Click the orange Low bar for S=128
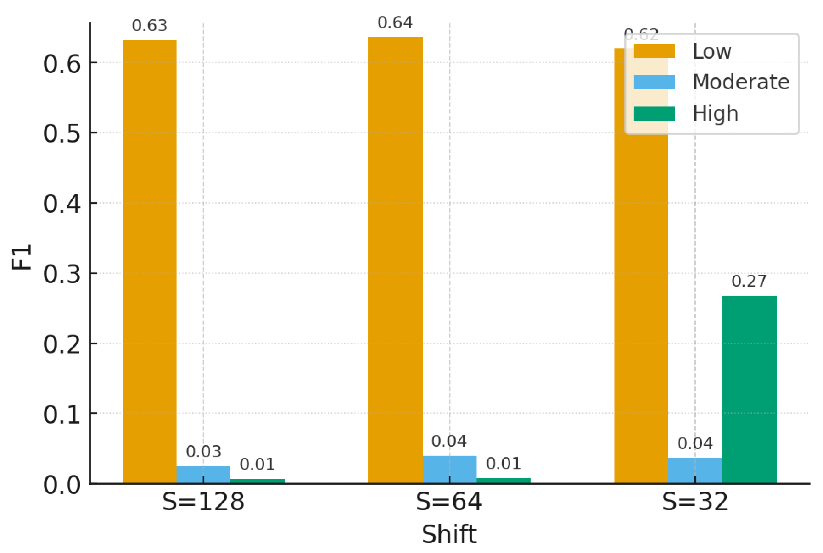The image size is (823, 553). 149,261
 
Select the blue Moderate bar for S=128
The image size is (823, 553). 203,475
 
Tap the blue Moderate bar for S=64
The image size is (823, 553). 449,470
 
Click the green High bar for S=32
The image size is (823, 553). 749,389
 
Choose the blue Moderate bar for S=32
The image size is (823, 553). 695,470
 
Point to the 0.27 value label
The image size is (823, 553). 749,281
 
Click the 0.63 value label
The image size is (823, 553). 150,26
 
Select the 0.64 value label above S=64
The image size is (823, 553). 395,22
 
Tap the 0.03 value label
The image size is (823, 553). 203,452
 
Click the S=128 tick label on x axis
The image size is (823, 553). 203,502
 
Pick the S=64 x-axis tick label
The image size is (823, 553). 449,502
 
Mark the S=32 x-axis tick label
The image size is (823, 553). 695,502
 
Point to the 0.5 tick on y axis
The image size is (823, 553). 62,133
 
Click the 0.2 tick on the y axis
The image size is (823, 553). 62,344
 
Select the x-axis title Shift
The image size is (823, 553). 449,534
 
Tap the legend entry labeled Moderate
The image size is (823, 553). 740,82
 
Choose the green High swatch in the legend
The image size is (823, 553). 654,113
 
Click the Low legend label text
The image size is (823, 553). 711,51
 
